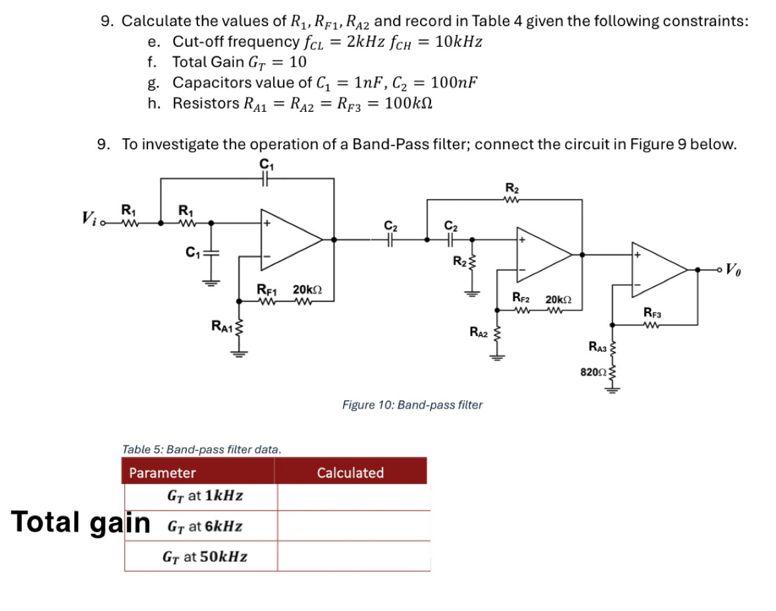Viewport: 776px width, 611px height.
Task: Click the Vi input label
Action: tap(89, 218)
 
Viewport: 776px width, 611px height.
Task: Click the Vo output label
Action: tap(734, 270)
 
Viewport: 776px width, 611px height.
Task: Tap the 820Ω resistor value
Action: tap(593, 372)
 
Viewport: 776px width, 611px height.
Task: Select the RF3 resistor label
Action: tap(652, 312)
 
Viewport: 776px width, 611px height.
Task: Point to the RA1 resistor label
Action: tap(221, 325)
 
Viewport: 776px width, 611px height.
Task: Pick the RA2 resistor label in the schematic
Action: tap(478, 332)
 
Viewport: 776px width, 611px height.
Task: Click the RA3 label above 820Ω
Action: tap(597, 347)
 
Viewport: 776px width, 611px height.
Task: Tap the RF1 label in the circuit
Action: tap(267, 289)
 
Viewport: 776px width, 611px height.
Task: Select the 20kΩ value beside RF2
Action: tap(558, 300)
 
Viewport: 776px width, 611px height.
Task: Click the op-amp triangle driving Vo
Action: tap(656, 269)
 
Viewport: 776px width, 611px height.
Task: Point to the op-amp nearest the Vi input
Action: tap(287, 239)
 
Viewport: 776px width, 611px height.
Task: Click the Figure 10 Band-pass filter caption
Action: tap(412, 405)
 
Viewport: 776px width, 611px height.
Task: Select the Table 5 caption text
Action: tap(202, 449)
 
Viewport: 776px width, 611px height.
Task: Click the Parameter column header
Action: tap(162, 473)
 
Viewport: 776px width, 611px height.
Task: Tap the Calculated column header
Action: tap(350, 473)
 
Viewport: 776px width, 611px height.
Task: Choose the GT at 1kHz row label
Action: tap(205, 496)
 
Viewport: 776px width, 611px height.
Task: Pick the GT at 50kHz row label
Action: tap(205, 557)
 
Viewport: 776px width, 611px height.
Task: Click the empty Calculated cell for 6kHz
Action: tap(353, 526)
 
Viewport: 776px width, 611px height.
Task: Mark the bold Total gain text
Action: tap(81, 523)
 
